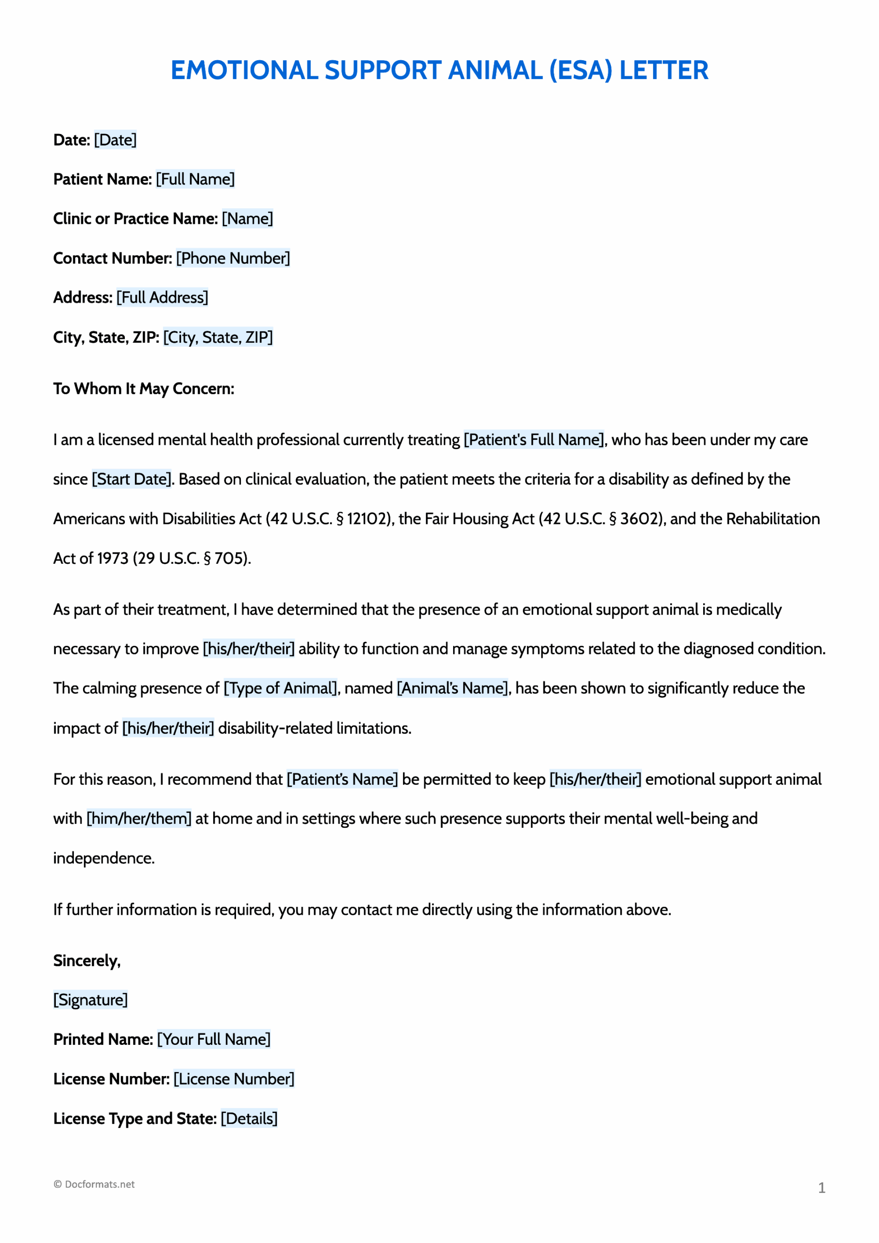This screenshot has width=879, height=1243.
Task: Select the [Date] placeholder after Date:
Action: click(x=116, y=140)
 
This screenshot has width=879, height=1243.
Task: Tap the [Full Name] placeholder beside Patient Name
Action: click(x=195, y=179)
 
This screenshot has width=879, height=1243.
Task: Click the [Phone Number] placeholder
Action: click(x=233, y=258)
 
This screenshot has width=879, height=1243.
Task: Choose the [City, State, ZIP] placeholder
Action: click(x=218, y=337)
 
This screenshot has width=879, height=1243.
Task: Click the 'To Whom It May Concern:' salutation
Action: click(x=144, y=389)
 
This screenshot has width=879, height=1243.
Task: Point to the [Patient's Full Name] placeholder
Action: click(x=533, y=439)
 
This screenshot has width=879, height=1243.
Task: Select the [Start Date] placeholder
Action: click(x=132, y=479)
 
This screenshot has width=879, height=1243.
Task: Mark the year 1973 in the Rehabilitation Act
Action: click(x=113, y=558)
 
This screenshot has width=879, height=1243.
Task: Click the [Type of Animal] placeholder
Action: click(x=281, y=688)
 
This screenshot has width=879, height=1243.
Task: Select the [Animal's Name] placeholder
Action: click(x=453, y=688)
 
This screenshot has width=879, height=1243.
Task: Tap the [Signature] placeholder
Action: click(x=90, y=999)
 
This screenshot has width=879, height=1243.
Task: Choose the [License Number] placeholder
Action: click(x=234, y=1078)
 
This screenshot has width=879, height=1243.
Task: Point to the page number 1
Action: click(x=821, y=1188)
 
